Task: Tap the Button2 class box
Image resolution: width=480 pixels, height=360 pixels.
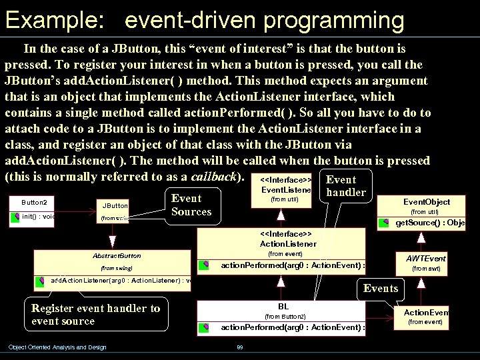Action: tap(33, 209)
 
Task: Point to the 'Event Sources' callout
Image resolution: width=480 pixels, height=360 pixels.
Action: tap(191, 205)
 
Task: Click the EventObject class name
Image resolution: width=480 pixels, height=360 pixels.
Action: tap(427, 202)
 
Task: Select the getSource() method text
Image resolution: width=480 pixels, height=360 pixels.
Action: tap(430, 223)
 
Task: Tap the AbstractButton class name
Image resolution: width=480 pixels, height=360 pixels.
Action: tap(117, 255)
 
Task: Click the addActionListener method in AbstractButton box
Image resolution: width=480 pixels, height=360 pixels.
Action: tap(121, 280)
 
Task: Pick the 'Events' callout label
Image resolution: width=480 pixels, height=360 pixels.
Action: tap(381, 288)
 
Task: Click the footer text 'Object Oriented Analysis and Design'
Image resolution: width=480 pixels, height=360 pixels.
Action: tap(57, 347)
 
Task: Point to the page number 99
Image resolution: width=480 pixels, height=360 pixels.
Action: tap(240, 347)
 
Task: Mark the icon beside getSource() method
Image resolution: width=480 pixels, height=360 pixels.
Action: tap(385, 223)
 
